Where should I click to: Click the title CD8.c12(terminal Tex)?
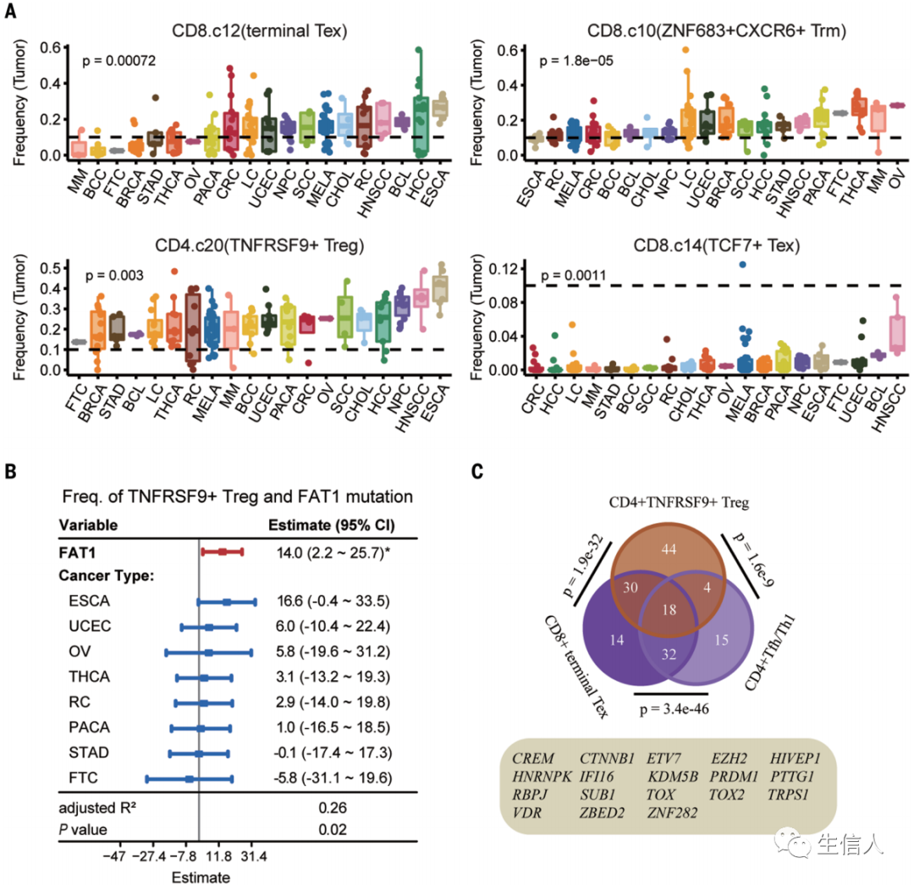(246, 32)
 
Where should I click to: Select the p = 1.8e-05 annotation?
(575, 61)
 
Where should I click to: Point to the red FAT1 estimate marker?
(222, 552)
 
